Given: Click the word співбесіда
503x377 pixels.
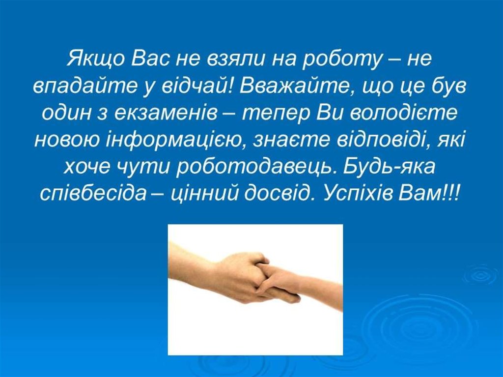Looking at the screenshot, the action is pos(93,194).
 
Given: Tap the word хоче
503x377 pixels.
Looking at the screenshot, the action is pos(86,168).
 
